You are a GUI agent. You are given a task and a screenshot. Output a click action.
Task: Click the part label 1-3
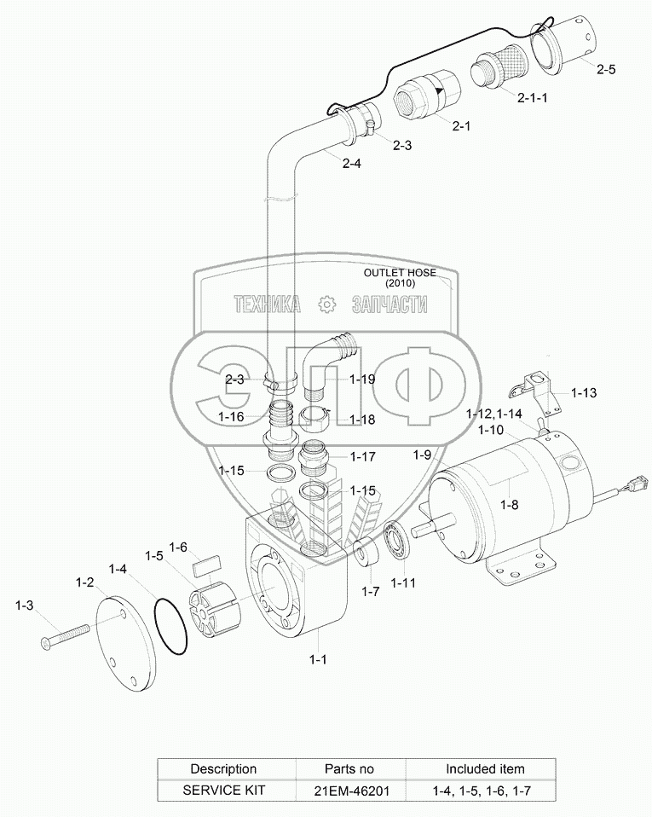point(25,606)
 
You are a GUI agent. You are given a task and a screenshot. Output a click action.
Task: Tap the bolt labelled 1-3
point(64,635)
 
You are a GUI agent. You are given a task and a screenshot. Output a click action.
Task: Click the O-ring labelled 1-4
point(172,627)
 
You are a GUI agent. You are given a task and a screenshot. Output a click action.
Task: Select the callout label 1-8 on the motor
point(509,505)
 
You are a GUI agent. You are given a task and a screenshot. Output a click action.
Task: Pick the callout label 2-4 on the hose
point(351,164)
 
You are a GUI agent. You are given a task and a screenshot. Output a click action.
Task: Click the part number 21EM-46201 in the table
point(349,791)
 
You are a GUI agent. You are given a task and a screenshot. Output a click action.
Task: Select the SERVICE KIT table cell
point(223,791)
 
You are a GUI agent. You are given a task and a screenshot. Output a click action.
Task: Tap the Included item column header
point(485,768)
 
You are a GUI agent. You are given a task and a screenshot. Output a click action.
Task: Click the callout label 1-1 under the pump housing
point(317,659)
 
